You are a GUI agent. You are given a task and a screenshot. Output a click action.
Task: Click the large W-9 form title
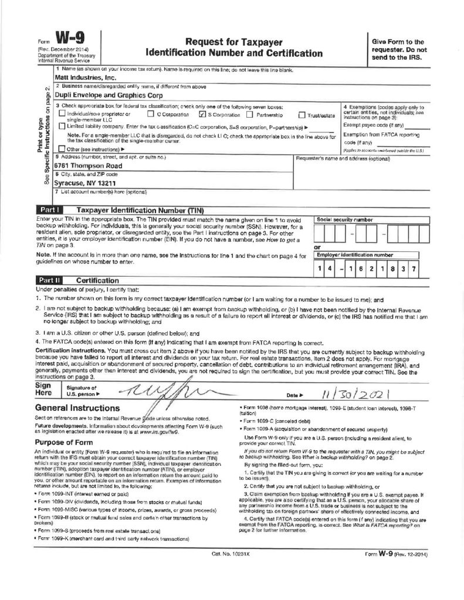[69, 40]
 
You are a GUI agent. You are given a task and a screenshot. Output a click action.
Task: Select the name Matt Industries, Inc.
[85, 77]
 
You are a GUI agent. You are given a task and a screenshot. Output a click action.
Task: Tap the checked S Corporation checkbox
[202, 115]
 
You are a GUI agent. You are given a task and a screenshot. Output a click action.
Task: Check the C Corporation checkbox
[151, 115]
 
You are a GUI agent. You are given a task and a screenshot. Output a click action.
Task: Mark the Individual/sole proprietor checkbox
[62, 115]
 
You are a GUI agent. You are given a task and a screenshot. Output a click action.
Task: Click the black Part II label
[49, 281]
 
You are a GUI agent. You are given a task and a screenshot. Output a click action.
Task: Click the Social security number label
[344, 219]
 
